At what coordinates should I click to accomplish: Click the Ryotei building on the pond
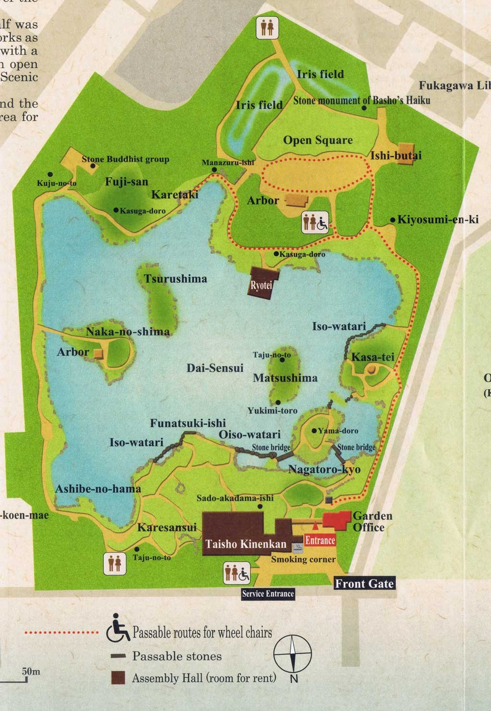261,284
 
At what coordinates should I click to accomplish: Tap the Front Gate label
364,584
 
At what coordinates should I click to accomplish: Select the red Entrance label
320,541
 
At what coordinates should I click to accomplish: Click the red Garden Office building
337,520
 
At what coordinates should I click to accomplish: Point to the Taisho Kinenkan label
245,544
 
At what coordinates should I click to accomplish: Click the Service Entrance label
268,594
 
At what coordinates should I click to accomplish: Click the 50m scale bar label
31,671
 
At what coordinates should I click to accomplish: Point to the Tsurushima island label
175,278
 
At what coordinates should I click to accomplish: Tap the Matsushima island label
285,378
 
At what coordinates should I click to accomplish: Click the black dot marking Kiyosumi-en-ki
393,220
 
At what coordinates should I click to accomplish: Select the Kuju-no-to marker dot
50,174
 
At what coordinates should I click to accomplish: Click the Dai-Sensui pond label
215,368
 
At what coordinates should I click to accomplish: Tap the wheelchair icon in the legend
117,630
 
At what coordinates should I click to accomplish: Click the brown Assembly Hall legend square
117,677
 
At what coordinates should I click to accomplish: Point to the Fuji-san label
127,182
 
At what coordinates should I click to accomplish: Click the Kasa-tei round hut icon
372,369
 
